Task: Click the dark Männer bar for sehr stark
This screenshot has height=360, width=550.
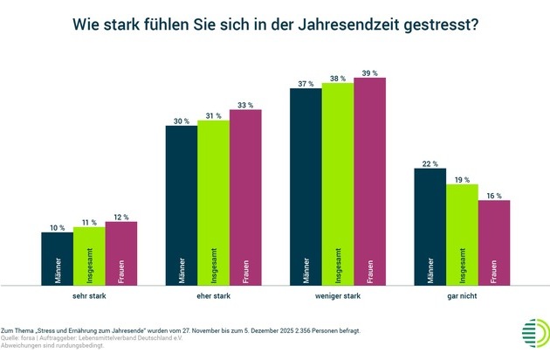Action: pyautogui.click(x=57, y=258)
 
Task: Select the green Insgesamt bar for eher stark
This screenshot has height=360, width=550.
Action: pyautogui.click(x=213, y=201)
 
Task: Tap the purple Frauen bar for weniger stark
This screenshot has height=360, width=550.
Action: pyautogui.click(x=369, y=181)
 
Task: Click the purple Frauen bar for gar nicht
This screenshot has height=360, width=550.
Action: pyautogui.click(x=494, y=242)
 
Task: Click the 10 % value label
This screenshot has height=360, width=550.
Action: pyautogui.click(x=57, y=226)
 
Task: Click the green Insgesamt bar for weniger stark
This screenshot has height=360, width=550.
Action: pyautogui.click(x=338, y=183)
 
